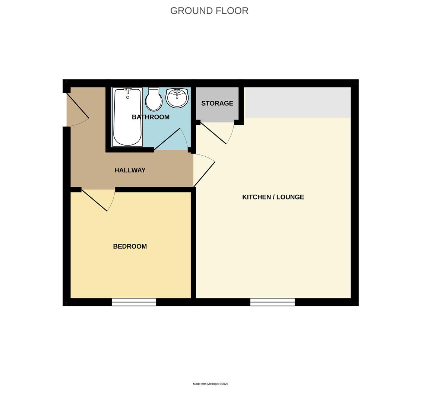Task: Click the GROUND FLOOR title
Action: (x=209, y=11)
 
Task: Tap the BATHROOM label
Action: (x=151, y=117)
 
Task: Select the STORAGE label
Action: (x=217, y=103)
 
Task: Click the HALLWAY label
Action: (x=130, y=170)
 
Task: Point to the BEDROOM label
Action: (x=130, y=246)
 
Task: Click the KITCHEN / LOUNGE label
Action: (x=273, y=197)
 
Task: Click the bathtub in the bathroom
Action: (x=127, y=123)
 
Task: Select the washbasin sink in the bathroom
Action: (x=177, y=98)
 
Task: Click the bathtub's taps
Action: (x=127, y=90)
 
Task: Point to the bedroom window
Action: (x=134, y=302)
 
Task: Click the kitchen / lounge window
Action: (x=272, y=302)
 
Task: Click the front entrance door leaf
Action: (x=77, y=105)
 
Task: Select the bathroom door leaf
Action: (x=167, y=139)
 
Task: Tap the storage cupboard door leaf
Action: (x=213, y=133)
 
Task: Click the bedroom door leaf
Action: (x=94, y=200)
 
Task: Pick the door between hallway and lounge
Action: (x=204, y=174)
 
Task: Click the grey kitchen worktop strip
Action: (x=297, y=102)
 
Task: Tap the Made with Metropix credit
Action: (x=210, y=384)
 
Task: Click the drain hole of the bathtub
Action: (x=128, y=97)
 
